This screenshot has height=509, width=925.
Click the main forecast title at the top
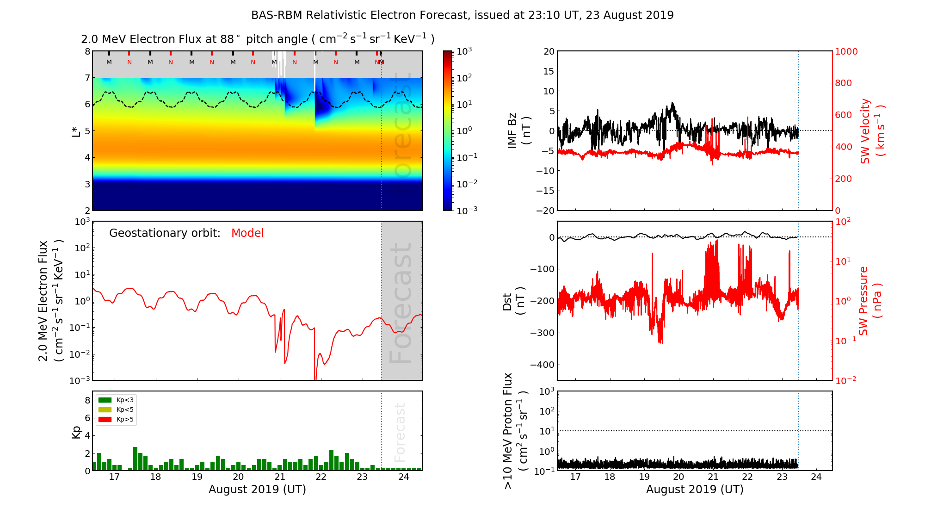tap(462, 15)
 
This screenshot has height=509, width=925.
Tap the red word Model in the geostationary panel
tap(247, 233)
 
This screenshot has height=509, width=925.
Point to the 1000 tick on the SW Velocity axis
tap(846, 51)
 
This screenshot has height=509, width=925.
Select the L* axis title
tap(76, 130)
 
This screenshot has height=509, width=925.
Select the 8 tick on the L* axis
tap(87, 51)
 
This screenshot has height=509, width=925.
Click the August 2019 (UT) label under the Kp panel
tap(257, 490)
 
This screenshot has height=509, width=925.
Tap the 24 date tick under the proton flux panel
tap(816, 477)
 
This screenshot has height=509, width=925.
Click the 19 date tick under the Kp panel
tap(197, 477)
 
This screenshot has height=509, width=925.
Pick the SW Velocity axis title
tap(872, 130)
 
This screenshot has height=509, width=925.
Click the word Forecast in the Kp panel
tap(400, 432)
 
